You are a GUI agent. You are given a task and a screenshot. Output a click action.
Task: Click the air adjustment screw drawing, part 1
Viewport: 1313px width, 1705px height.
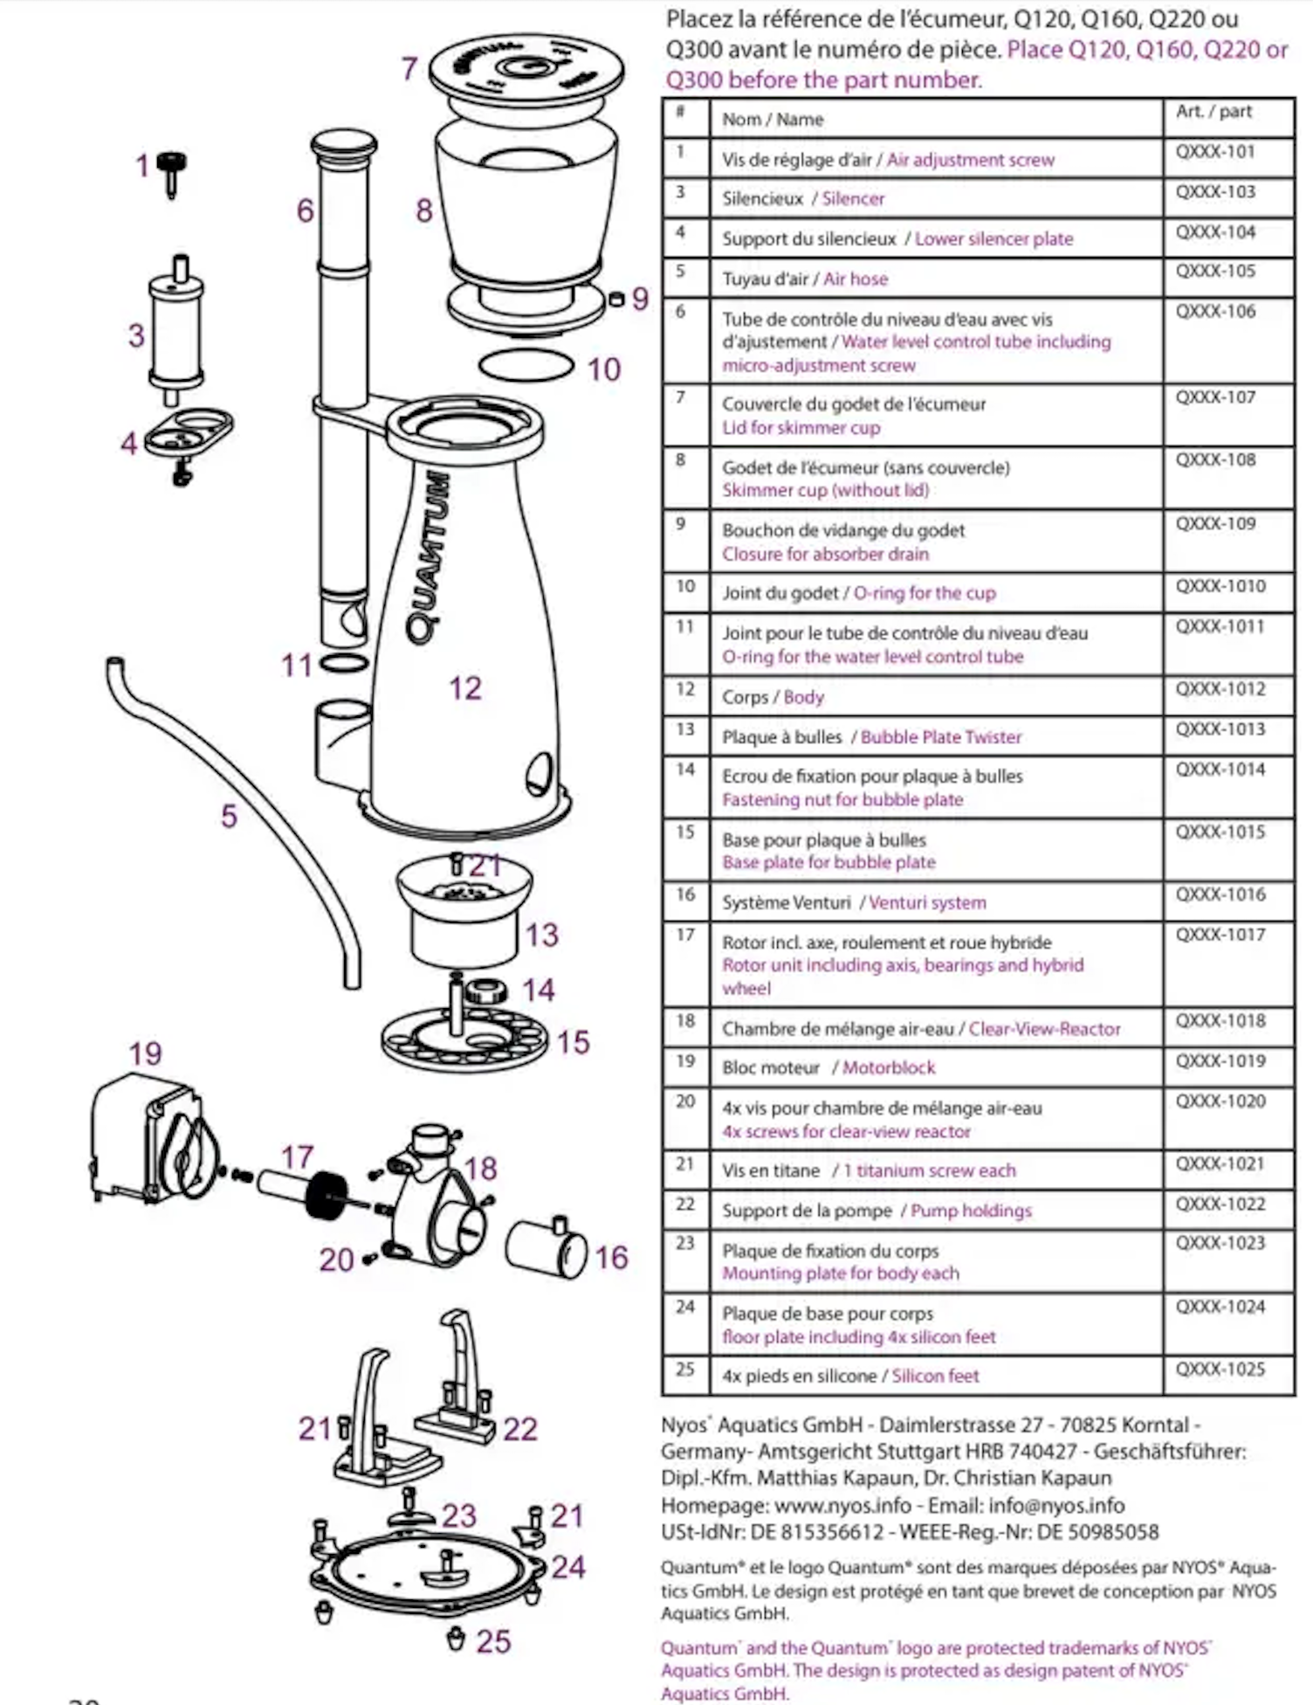tap(171, 171)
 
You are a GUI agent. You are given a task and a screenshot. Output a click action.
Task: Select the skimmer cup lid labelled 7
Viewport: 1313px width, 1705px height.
tap(526, 70)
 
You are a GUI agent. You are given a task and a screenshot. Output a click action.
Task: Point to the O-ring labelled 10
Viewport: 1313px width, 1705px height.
tap(527, 365)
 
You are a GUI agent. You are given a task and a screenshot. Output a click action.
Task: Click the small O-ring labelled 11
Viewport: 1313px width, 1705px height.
tap(344, 663)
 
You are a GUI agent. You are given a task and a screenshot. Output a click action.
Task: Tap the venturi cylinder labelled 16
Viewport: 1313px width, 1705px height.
tap(546, 1248)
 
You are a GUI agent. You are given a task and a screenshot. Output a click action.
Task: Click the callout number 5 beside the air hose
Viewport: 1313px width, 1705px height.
tap(229, 816)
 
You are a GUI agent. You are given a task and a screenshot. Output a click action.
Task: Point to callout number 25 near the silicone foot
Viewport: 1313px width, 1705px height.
tap(493, 1641)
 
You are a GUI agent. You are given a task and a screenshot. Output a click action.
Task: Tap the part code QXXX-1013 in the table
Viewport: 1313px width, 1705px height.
tap(1220, 729)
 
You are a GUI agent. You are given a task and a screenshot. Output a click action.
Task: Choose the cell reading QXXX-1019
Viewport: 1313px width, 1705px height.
tap(1220, 1061)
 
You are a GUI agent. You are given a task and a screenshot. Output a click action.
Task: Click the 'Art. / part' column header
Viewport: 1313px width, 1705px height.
tap(1213, 112)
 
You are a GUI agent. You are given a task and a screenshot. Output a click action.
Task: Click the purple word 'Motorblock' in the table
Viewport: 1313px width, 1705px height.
tap(889, 1067)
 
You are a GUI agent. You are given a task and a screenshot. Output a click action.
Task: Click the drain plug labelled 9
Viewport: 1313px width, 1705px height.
tap(616, 299)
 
